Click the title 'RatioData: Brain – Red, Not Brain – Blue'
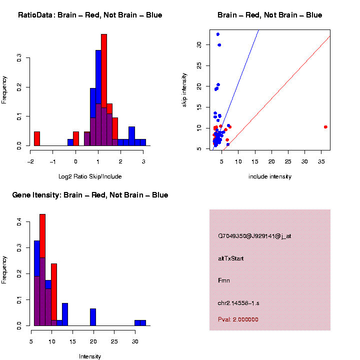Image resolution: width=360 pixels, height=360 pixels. [90, 15]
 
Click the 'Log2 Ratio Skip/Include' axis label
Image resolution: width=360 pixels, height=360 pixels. [90, 176]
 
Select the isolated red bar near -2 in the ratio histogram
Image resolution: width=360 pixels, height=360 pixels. [37, 138]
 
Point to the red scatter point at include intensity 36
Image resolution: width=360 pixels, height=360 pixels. [325, 127]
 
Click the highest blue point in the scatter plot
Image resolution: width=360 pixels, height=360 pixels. [218, 34]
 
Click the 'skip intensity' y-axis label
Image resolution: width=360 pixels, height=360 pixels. [184, 90]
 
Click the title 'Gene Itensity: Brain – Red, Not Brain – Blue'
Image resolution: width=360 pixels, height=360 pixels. [90, 195]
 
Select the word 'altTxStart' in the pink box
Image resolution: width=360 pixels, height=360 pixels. [231, 258]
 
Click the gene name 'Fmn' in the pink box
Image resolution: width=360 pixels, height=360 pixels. [223, 281]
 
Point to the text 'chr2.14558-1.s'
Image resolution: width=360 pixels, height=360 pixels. [238, 303]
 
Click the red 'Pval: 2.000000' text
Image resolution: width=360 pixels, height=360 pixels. [238, 319]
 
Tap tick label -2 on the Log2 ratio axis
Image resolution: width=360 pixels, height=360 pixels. [30, 161]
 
